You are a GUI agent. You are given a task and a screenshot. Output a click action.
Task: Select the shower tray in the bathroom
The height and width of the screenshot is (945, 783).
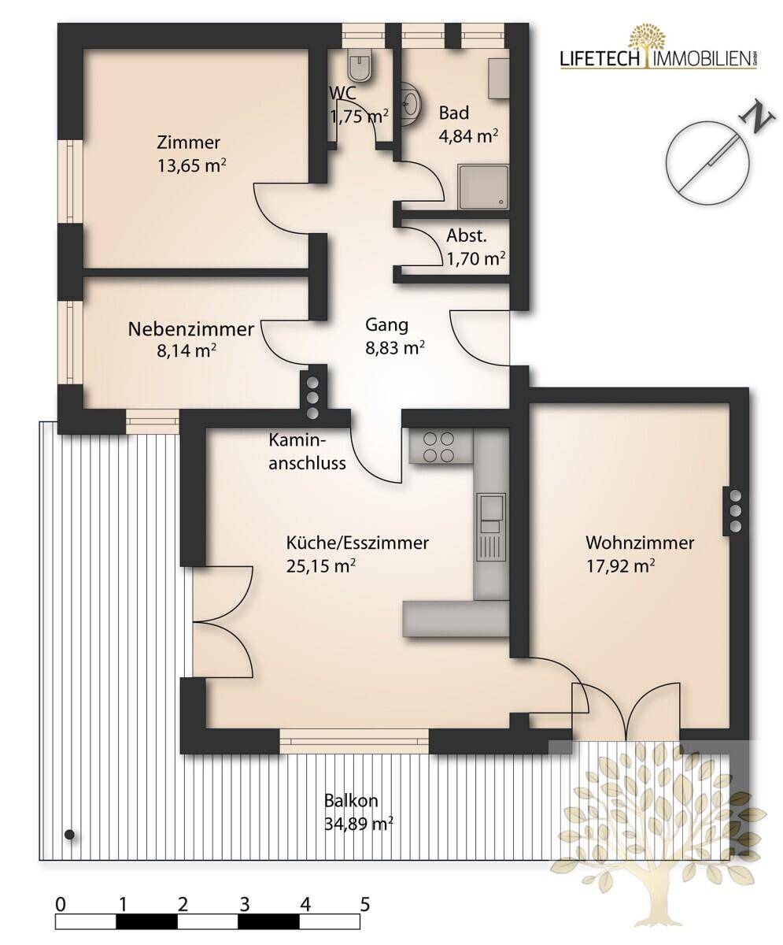click(x=483, y=187)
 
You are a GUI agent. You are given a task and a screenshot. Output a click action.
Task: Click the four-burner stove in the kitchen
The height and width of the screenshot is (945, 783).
click(x=438, y=447)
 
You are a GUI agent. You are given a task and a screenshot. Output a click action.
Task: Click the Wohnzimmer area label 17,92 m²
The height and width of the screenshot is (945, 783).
click(x=621, y=565)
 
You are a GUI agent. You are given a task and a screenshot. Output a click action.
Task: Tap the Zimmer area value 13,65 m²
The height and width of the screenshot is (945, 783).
click(x=191, y=165)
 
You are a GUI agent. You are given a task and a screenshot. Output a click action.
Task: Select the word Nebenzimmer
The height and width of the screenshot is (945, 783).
click(x=191, y=329)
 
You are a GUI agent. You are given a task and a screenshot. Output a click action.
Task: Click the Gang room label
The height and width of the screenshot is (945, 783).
click(x=386, y=324)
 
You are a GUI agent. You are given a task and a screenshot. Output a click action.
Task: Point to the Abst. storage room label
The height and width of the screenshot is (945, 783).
click(x=467, y=235)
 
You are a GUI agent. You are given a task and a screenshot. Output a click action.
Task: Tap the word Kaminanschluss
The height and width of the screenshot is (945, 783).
click(x=307, y=452)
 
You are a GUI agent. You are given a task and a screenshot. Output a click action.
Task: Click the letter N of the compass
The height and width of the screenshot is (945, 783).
click(x=755, y=117)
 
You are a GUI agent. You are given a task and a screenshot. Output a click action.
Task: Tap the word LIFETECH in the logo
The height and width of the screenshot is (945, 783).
click(x=600, y=59)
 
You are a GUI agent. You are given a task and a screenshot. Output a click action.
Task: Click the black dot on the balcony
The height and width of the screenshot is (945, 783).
click(x=70, y=834)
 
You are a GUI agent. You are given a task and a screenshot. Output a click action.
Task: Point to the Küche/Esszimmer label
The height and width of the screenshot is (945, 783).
click(x=357, y=543)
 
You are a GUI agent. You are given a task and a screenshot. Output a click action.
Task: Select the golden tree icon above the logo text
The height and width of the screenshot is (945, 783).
click(x=647, y=41)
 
